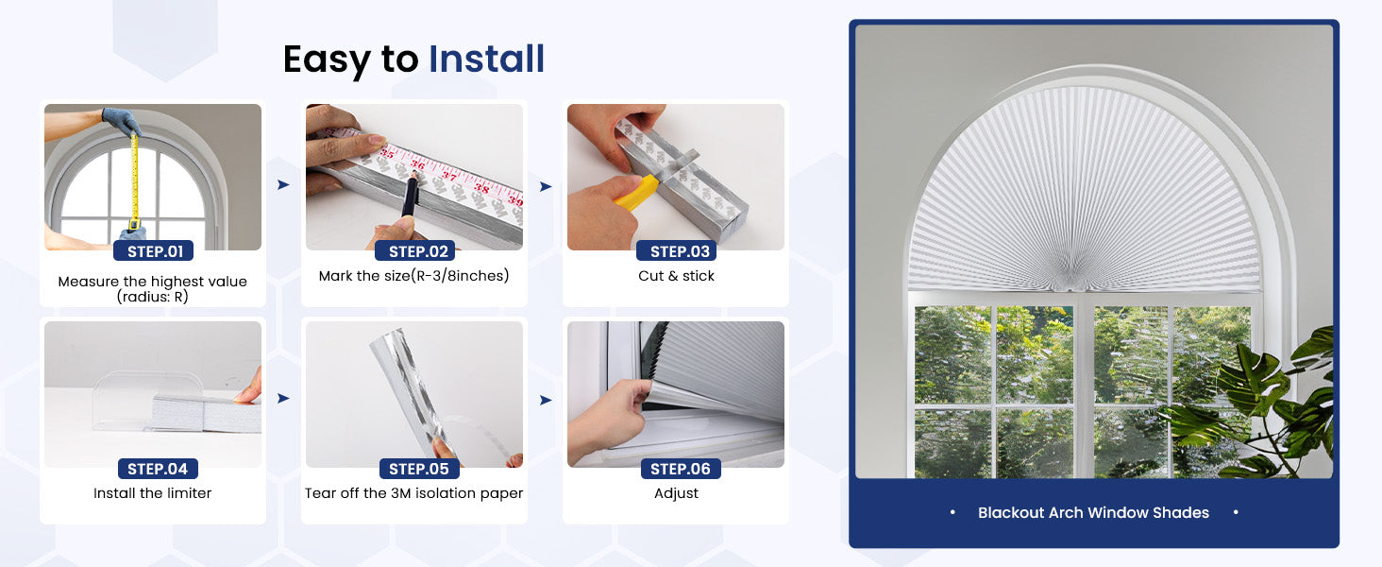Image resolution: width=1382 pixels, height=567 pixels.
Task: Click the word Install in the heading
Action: pyautogui.click(x=486, y=59)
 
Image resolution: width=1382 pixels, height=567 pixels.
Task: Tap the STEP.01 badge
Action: pyautogui.click(x=154, y=250)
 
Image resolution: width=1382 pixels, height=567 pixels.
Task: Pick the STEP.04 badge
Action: pyautogui.click(x=158, y=469)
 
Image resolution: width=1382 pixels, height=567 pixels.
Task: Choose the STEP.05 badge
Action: pyautogui.click(x=419, y=469)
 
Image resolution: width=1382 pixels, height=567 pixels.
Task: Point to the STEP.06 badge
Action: pyautogui.click(x=682, y=469)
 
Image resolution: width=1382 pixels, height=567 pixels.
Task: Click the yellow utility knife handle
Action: pyautogui.click(x=636, y=193)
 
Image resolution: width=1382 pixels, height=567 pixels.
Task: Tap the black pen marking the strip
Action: pyautogui.click(x=410, y=196)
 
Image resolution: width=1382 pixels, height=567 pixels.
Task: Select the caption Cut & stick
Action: pyautogui.click(x=676, y=276)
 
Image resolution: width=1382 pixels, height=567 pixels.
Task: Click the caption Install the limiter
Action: pyautogui.click(x=152, y=493)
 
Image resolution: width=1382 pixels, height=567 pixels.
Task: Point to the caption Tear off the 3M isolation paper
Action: pyautogui.click(x=414, y=493)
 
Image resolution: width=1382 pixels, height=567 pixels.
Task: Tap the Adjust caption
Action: pyautogui.click(x=676, y=493)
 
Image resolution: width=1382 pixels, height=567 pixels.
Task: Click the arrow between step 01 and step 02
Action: pyautogui.click(x=283, y=184)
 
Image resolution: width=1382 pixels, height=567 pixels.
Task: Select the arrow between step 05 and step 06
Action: pyautogui.click(x=546, y=401)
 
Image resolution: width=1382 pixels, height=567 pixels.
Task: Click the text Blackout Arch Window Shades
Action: pyautogui.click(x=1093, y=512)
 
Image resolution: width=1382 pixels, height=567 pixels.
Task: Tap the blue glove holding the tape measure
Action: pyautogui.click(x=121, y=120)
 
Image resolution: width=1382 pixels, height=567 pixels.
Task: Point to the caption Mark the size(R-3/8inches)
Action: pyautogui.click(x=414, y=276)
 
